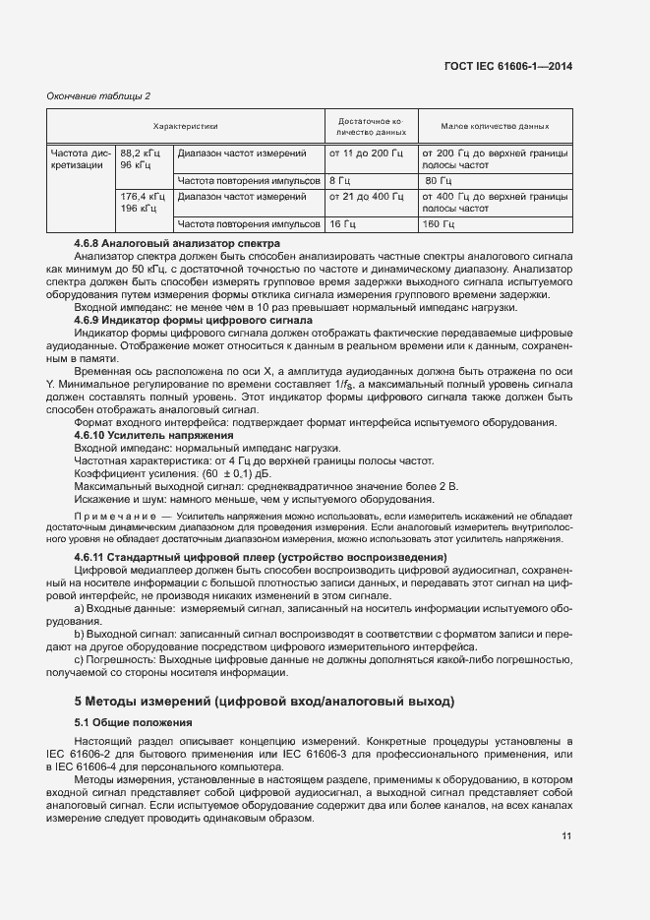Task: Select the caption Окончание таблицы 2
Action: click(99, 95)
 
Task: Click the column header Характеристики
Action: click(185, 126)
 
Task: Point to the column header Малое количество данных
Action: click(495, 126)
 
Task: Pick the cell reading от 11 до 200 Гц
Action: click(366, 153)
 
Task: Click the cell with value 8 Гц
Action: click(340, 181)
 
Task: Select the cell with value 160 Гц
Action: click(437, 224)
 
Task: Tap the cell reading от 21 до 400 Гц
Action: click(366, 197)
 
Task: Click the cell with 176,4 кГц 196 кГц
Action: click(141, 203)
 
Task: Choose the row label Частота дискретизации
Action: click(81, 159)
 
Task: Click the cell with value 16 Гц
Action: click(343, 224)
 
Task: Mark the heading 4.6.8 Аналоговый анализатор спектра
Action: click(178, 243)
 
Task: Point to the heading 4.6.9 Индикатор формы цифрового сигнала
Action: click(193, 320)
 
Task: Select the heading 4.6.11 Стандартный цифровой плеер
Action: click(261, 557)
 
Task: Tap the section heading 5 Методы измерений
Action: click(265, 702)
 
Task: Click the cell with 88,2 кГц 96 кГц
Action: click(141, 159)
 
